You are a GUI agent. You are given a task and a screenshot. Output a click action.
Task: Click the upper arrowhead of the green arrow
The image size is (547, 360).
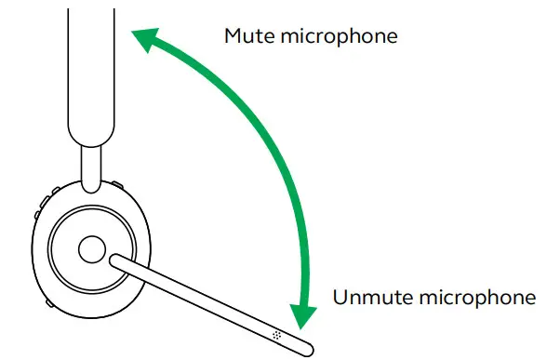142,39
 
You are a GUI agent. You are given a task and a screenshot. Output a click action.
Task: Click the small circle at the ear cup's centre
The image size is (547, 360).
90,248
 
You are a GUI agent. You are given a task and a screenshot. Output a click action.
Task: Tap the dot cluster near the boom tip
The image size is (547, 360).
276,331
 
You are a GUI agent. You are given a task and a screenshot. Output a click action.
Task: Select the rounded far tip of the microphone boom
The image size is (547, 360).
307,348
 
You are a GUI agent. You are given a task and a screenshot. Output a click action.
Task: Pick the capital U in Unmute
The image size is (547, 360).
340,299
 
